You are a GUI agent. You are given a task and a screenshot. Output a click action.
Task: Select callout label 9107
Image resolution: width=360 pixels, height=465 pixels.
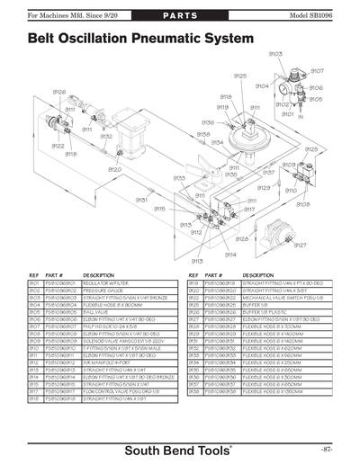point(317,71)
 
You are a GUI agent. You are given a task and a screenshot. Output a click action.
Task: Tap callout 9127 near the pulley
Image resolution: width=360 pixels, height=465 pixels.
point(300,245)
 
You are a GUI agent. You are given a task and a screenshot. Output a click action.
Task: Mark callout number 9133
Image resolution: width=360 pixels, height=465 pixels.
point(179,178)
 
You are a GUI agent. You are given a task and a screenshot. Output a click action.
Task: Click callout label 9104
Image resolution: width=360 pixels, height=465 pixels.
point(262,86)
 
